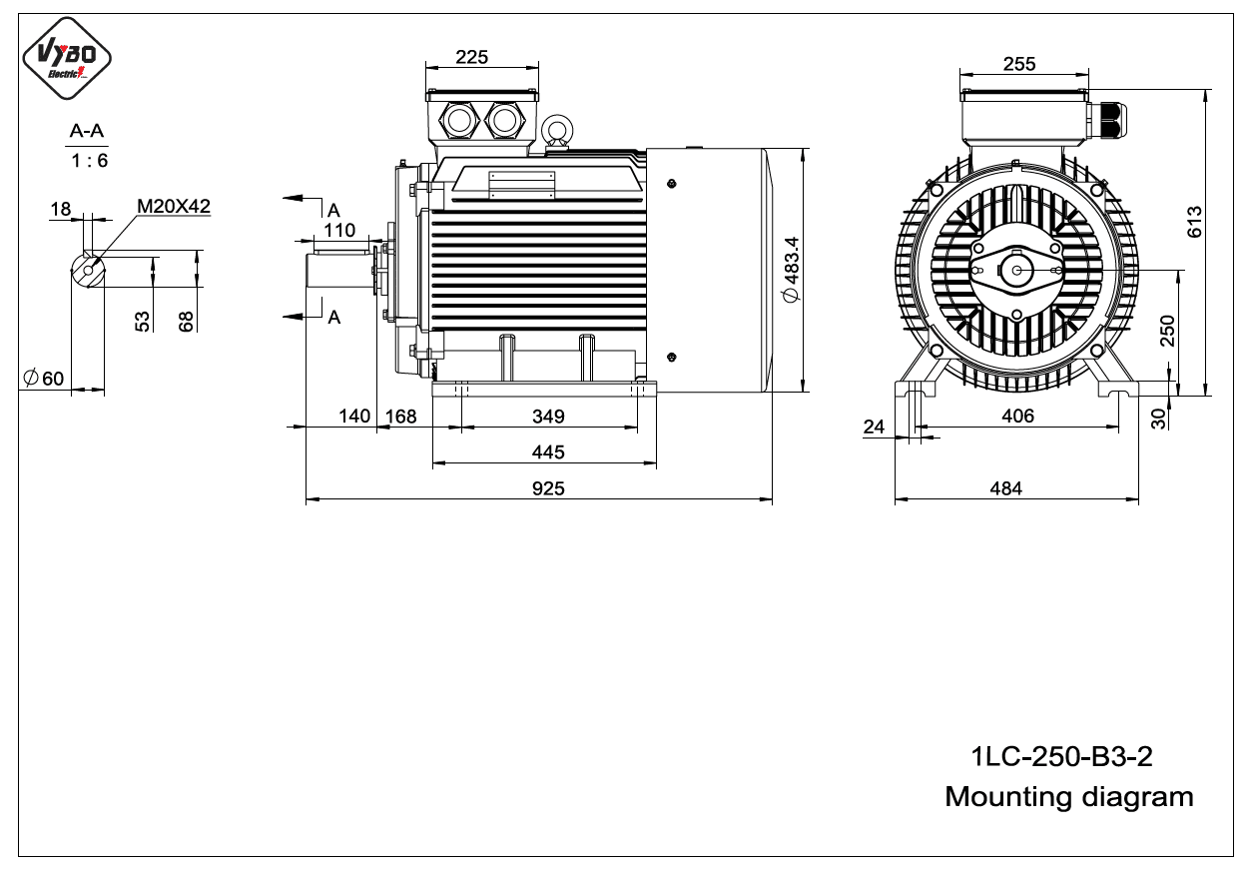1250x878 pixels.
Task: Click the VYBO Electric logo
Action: pyautogui.click(x=67, y=58)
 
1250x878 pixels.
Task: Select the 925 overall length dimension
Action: pyautogui.click(x=548, y=489)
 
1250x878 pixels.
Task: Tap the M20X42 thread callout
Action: pyautogui.click(x=174, y=207)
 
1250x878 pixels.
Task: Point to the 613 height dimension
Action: pyautogui.click(x=1195, y=222)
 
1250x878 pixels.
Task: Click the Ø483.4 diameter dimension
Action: pyautogui.click(x=792, y=270)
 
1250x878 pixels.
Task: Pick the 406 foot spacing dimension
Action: pyautogui.click(x=1017, y=416)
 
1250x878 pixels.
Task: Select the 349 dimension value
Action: pyautogui.click(x=548, y=417)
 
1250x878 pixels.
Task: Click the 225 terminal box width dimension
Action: pyautogui.click(x=471, y=57)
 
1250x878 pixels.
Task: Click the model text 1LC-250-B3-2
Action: pyautogui.click(x=1061, y=757)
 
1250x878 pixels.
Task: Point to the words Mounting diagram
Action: pyautogui.click(x=1069, y=797)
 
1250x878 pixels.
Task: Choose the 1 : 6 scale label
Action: pyautogui.click(x=89, y=161)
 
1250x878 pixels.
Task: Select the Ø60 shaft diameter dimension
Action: pyautogui.click(x=44, y=379)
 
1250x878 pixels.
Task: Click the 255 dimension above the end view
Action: pyautogui.click(x=1019, y=64)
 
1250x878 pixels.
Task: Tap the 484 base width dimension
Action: pyautogui.click(x=1005, y=489)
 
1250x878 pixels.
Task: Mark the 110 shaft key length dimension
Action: pyautogui.click(x=339, y=230)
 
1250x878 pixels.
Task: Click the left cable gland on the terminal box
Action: pyautogui.click(x=459, y=121)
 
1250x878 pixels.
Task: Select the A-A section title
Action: pyautogui.click(x=87, y=131)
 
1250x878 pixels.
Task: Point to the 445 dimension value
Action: pyautogui.click(x=548, y=452)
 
